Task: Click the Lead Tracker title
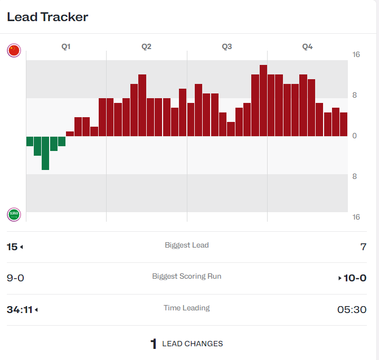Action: (x=48, y=17)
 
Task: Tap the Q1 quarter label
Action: (x=66, y=46)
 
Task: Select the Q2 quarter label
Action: (x=146, y=46)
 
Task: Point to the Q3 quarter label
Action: (x=227, y=46)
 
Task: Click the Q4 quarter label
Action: (x=307, y=46)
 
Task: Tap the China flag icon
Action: (x=14, y=51)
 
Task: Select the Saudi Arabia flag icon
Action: (x=14, y=214)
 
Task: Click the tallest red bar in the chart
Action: (x=263, y=100)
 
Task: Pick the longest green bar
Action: (x=45, y=153)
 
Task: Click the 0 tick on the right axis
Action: (x=355, y=136)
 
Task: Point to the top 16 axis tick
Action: (x=356, y=55)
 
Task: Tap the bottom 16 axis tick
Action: (x=356, y=217)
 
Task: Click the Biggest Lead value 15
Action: (x=12, y=247)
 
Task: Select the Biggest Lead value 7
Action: (x=363, y=247)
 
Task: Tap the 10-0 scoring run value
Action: (x=355, y=278)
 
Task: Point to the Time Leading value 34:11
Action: (x=19, y=309)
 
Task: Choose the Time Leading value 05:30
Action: (x=352, y=309)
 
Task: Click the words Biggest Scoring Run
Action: (x=186, y=276)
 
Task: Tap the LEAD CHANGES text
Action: (x=192, y=344)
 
